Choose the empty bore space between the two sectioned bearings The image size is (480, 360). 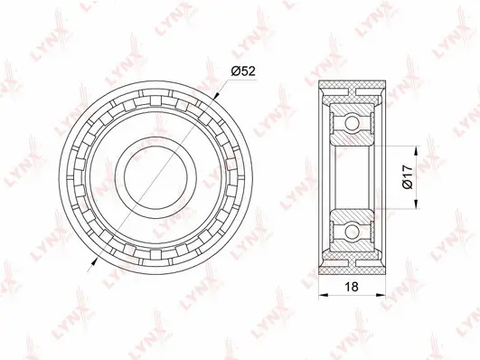(353, 174)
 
